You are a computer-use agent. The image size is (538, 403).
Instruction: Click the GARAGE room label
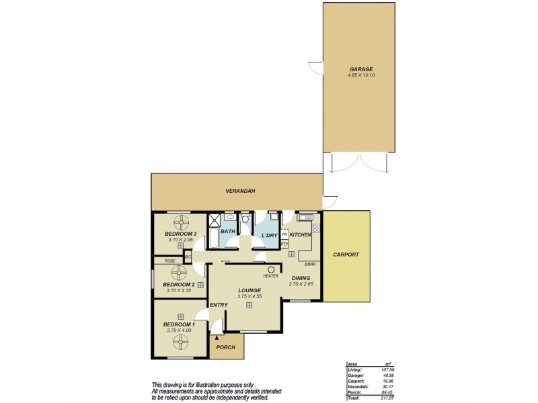click(x=360, y=69)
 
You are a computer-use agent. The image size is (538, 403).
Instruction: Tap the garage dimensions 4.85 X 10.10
click(x=360, y=76)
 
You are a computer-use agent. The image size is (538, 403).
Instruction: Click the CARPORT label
click(x=346, y=255)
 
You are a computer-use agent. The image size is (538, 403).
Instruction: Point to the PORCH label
click(x=225, y=347)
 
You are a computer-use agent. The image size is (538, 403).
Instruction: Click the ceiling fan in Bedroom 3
click(x=180, y=222)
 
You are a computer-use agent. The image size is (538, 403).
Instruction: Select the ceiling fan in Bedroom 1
click(x=180, y=342)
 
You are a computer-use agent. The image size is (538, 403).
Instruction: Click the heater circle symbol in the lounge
click(x=271, y=269)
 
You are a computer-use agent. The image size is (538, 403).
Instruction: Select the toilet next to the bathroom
click(x=246, y=219)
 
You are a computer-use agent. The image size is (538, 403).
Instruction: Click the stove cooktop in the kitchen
click(x=316, y=228)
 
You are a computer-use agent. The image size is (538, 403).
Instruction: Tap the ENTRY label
click(x=219, y=305)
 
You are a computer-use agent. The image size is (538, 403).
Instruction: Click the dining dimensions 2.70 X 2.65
click(x=300, y=284)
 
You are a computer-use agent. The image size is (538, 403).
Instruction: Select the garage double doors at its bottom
click(x=360, y=163)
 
